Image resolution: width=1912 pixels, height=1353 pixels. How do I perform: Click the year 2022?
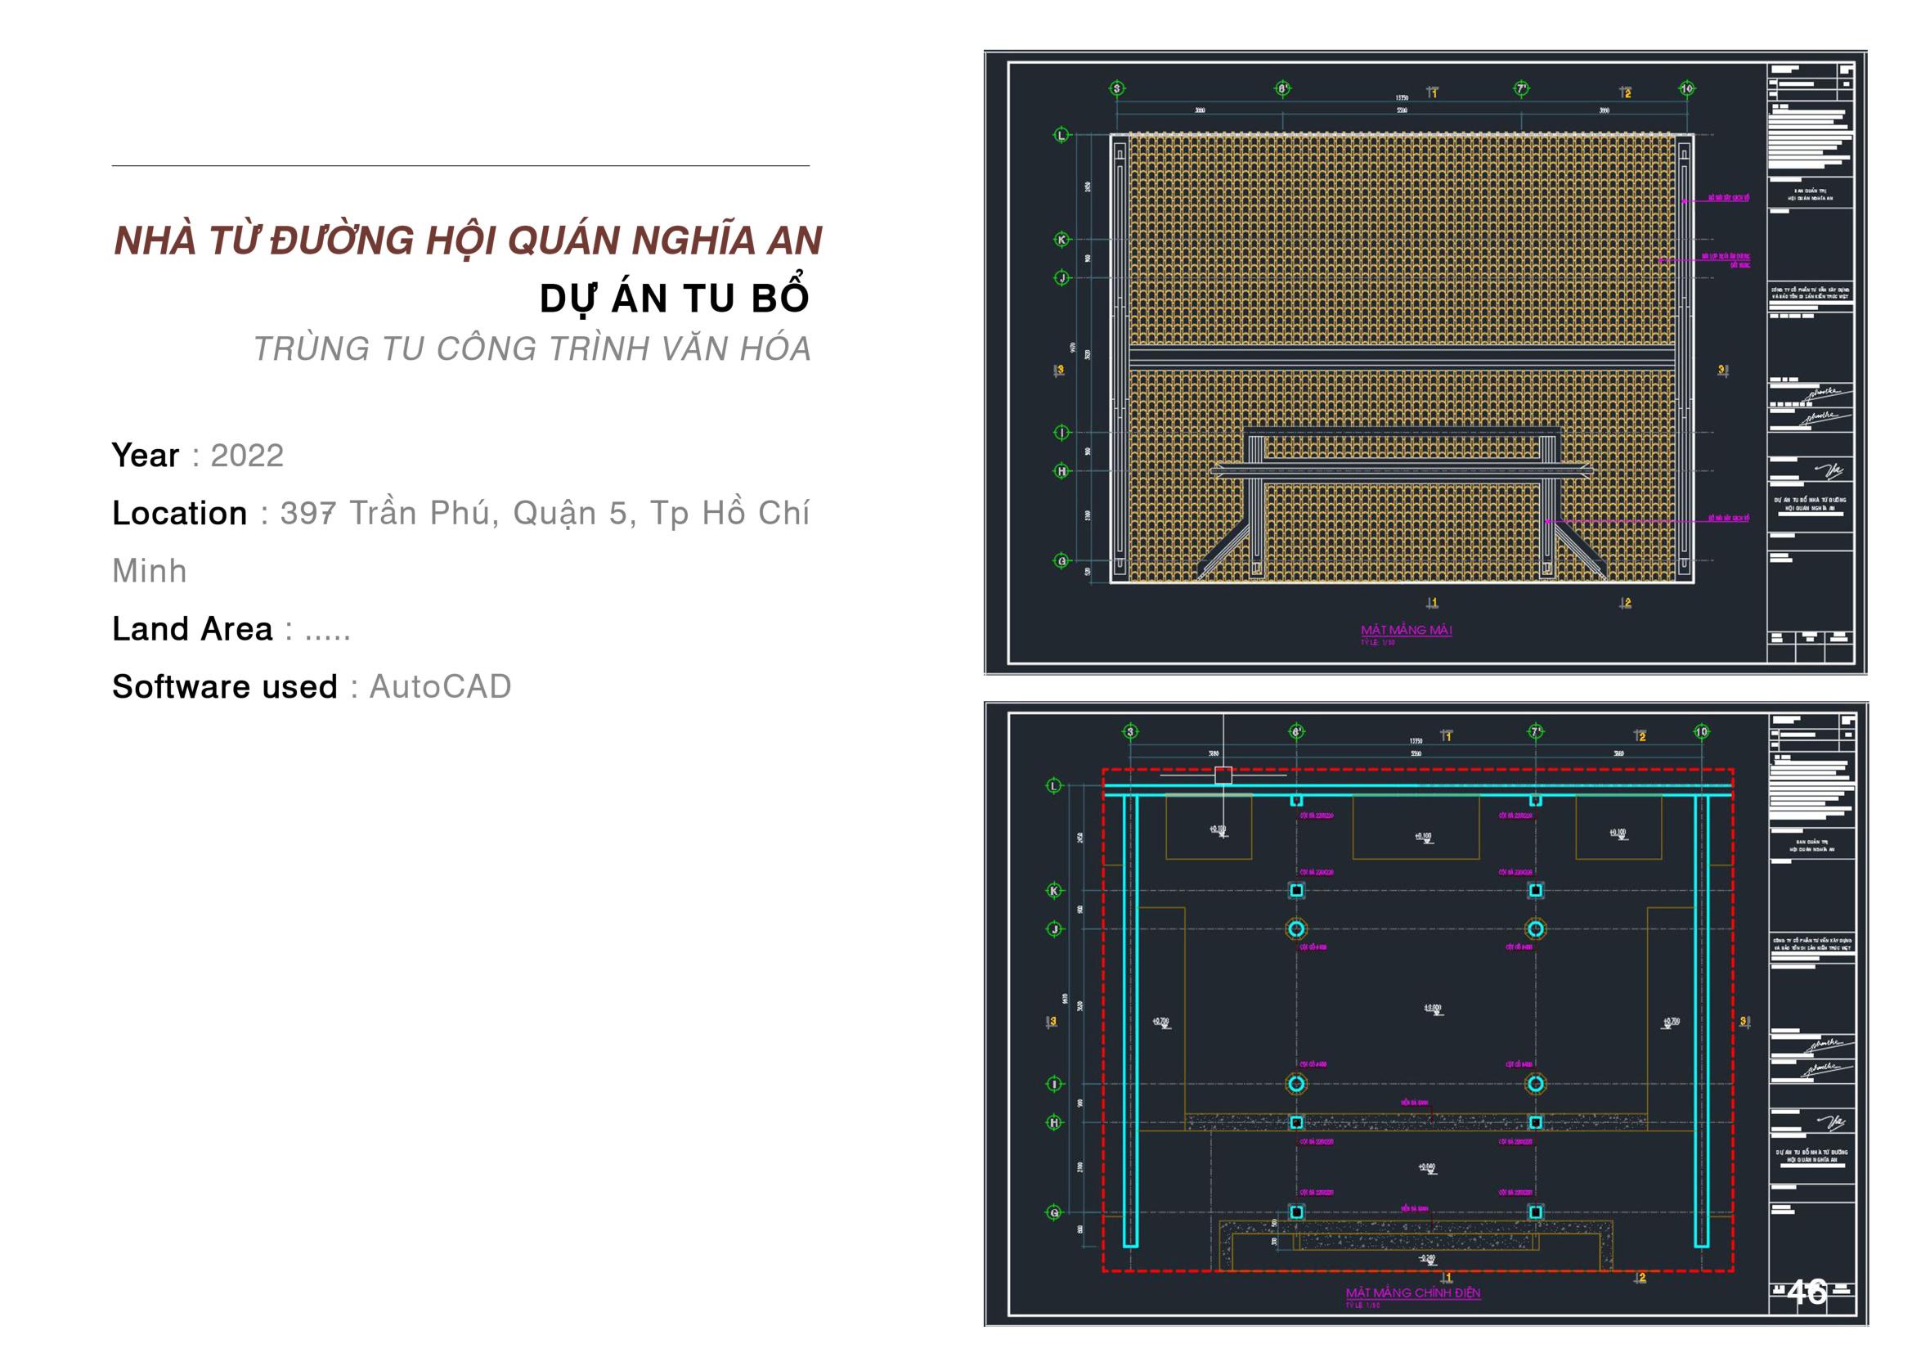coord(246,456)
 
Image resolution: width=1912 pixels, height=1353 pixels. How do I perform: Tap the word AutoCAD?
coord(440,686)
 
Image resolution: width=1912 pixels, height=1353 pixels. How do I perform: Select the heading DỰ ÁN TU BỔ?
coord(674,299)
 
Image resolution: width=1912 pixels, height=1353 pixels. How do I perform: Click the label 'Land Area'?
coord(192,629)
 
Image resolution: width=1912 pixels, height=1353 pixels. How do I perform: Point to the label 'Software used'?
coord(225,686)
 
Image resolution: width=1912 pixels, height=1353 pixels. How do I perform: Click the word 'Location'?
coord(180,513)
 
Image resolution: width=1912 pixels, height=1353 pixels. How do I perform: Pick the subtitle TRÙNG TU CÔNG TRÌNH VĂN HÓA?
coord(532,348)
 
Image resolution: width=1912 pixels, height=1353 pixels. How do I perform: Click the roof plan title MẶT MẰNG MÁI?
coord(1407,630)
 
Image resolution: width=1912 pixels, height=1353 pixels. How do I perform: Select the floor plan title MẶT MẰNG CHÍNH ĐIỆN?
coord(1413,1293)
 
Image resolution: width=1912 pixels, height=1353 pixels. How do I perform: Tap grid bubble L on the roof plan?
coord(1061,135)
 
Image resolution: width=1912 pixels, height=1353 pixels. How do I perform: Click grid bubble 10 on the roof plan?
coord(1686,88)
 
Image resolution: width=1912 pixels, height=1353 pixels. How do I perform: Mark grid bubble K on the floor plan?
coord(1054,891)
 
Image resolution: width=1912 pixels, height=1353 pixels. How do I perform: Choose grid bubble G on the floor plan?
coord(1054,1213)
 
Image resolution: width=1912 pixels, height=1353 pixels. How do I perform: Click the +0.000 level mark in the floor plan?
coord(1432,1009)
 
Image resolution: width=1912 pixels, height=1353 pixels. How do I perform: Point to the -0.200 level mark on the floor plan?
coord(1426,1259)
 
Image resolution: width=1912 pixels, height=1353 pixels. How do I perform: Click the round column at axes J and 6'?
coord(1295,928)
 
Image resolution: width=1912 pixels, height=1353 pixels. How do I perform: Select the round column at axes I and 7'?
coord(1535,1084)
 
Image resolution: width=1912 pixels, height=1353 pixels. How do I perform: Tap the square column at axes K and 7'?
coord(1535,891)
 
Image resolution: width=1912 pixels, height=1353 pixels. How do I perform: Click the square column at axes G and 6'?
coord(1295,1212)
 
